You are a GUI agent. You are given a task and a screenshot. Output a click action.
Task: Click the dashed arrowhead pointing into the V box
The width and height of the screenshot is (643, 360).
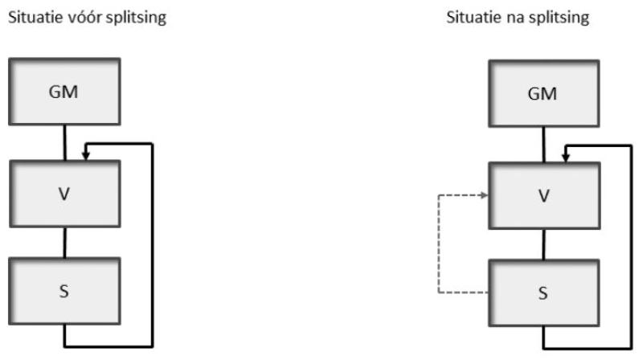click(485, 194)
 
